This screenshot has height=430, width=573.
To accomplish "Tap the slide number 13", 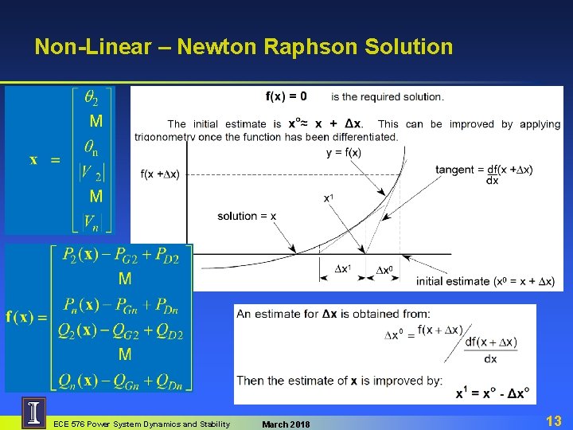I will [x=554, y=420].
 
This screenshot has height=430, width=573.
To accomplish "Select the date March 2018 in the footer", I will [x=286, y=424].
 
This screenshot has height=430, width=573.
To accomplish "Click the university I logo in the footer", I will [x=33, y=413].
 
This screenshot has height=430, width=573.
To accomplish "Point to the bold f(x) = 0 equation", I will [x=286, y=96].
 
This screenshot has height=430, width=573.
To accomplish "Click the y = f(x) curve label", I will [x=344, y=153].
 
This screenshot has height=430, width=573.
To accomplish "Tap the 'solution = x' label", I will [x=248, y=216].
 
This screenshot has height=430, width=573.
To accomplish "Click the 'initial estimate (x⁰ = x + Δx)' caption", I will [x=485, y=280].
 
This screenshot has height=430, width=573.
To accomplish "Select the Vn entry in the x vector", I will [x=93, y=220].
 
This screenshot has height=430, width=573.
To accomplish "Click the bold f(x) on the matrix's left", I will [x=24, y=316].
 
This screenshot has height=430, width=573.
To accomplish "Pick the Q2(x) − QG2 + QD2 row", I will [x=120, y=334].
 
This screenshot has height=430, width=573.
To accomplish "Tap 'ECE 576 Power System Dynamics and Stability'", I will [x=141, y=424].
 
